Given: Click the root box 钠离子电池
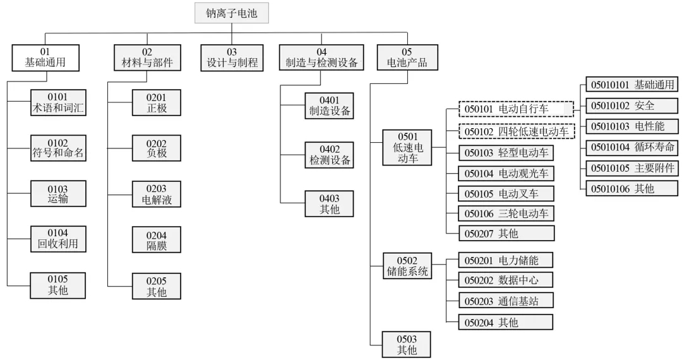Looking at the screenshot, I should pyautogui.click(x=232, y=12).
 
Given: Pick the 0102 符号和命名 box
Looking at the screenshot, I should pyautogui.click(x=58, y=148).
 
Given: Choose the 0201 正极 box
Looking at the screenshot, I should pyautogui.click(x=156, y=102).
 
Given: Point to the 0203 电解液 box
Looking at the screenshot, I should pyautogui.click(x=156, y=194).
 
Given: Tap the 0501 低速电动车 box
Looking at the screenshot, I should pyautogui.click(x=407, y=147).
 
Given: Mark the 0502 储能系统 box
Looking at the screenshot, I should pyautogui.click(x=407, y=266).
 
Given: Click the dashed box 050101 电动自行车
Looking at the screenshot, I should pyautogui.click(x=516, y=109).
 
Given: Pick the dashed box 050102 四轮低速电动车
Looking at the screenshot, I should pyautogui.click(x=516, y=131).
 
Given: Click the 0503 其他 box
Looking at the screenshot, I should pyautogui.click(x=407, y=344).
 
